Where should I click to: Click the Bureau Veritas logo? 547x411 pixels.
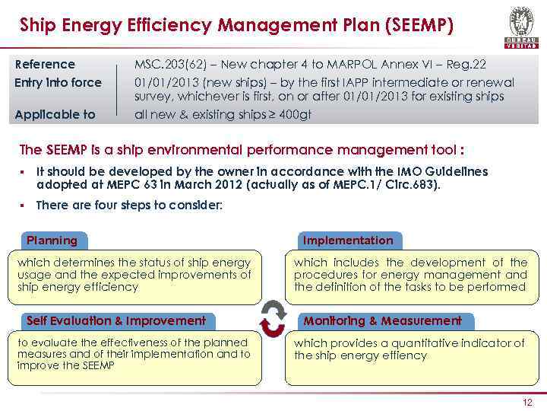tap(520, 27)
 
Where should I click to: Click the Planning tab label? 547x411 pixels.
tap(52, 241)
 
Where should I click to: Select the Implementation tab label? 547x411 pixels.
tap(348, 241)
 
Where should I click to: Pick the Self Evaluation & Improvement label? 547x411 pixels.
tap(116, 320)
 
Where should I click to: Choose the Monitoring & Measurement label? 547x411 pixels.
tap(382, 320)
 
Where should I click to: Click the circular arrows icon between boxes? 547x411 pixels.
tap(272, 318)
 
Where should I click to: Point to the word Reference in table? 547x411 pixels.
tap(46, 64)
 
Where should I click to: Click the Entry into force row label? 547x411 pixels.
tap(58, 82)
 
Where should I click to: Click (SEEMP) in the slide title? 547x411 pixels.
tap(419, 25)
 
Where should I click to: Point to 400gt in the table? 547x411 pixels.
tap(296, 115)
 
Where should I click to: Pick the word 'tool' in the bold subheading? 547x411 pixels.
tap(444, 149)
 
